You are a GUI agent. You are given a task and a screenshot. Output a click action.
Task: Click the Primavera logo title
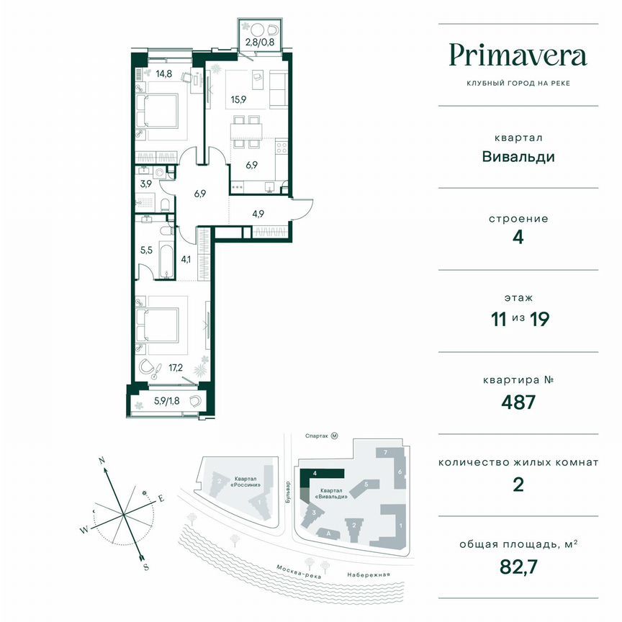tap(518, 55)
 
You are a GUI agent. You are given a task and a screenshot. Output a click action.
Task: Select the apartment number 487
tap(518, 401)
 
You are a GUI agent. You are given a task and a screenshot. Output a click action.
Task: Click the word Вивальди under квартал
tap(518, 156)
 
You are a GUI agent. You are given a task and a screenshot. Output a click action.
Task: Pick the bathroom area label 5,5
tap(147, 252)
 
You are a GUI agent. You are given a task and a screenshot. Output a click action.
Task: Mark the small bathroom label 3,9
tap(146, 184)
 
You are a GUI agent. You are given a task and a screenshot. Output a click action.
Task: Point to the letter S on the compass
tap(146, 567)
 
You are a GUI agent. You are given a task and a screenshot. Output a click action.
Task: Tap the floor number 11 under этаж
tap(496, 318)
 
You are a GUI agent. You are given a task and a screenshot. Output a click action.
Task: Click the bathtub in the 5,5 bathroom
tap(166, 252)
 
